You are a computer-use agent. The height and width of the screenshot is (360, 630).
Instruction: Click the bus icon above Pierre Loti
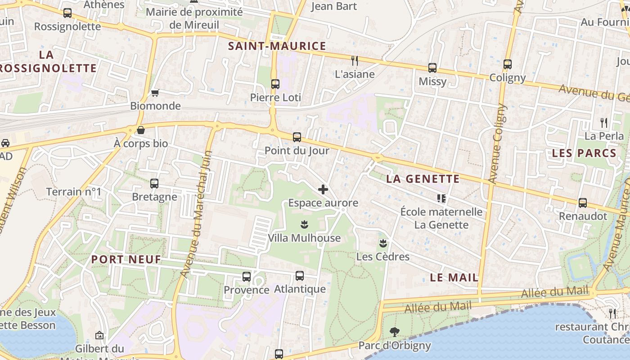point(275,84)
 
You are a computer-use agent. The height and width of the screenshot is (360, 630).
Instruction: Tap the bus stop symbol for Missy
point(432,68)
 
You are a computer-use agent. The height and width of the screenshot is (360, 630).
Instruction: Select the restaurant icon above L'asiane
point(355,60)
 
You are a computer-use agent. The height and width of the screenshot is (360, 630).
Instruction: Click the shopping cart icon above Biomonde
point(155,93)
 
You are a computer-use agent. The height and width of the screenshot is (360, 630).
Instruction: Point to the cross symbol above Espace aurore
point(323,189)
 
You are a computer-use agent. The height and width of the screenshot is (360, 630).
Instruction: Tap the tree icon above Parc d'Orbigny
point(394,332)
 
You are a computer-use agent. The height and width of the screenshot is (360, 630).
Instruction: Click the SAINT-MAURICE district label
point(277,46)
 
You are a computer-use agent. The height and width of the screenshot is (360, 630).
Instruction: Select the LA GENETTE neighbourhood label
point(423,179)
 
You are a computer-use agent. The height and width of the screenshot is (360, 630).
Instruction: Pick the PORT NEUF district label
point(126,259)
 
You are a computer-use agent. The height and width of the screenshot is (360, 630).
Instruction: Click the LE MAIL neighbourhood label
point(454,278)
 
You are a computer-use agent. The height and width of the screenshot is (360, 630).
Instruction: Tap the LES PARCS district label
point(584,153)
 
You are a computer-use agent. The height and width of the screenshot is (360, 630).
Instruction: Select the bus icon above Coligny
point(508,64)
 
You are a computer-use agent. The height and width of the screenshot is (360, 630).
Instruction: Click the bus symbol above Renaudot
point(583,203)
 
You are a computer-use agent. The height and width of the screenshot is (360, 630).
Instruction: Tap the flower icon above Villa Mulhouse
point(304,224)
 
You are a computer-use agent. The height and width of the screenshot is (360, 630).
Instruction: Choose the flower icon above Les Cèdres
point(382,243)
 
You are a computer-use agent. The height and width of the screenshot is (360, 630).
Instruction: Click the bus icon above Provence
point(247,277)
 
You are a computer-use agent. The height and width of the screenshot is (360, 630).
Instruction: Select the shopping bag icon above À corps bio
point(141,130)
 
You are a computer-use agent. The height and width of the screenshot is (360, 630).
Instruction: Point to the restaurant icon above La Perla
point(604,122)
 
